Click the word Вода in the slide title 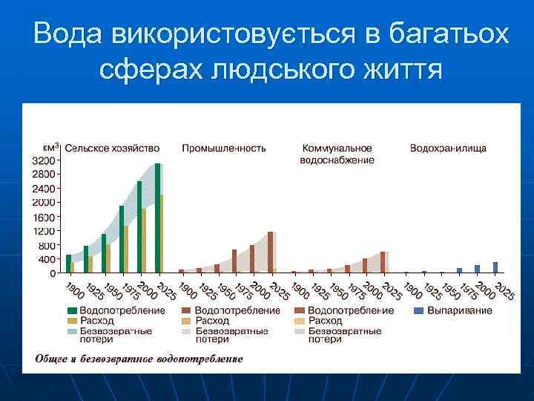[x=67, y=34]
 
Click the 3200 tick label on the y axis [x=43, y=160]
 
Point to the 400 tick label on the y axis [x=47, y=259]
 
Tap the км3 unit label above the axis [x=50, y=146]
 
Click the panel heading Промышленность [x=224, y=149]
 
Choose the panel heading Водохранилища [x=448, y=149]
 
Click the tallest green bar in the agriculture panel [x=157, y=218]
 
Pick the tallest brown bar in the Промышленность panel [x=270, y=252]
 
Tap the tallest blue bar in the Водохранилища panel [x=495, y=267]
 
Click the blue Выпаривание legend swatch [x=418, y=310]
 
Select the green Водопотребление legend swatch [x=72, y=310]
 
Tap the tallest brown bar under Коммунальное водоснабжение [x=383, y=262]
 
